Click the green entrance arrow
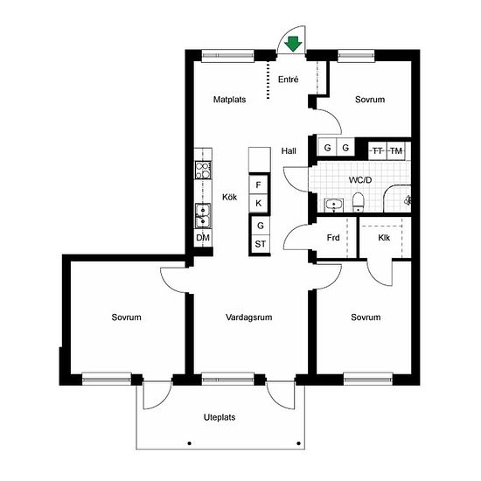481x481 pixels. pos(293,44)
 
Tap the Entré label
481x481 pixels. pos(288,80)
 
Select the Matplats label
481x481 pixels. pos(229,100)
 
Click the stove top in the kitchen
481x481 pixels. pos(203,171)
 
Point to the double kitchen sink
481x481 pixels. pos(203,216)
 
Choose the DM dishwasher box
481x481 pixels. pos(203,238)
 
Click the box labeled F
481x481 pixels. pos(258,185)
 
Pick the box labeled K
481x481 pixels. pos(258,203)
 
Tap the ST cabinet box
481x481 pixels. pos(261,244)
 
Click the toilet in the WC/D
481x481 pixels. pos(358,202)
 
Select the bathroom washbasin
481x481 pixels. pos(334,206)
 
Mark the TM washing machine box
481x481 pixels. pos(396,150)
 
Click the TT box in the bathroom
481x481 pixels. pos(378,150)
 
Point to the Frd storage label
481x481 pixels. pos(333,238)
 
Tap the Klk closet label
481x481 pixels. pos(384,238)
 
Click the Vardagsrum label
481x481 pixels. pos(248,317)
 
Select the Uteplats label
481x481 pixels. pos(220,417)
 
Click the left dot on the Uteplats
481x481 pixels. pos(190,443)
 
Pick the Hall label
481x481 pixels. pos(289,151)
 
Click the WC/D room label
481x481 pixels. pos(360,180)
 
